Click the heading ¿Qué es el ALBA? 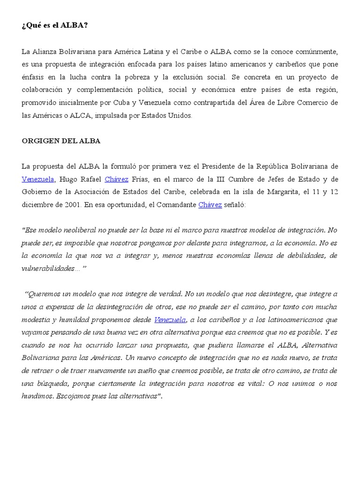[x=54, y=25]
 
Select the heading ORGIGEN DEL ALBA [x=61, y=141]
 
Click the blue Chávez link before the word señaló [x=210, y=205]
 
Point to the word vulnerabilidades [x=48, y=269]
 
